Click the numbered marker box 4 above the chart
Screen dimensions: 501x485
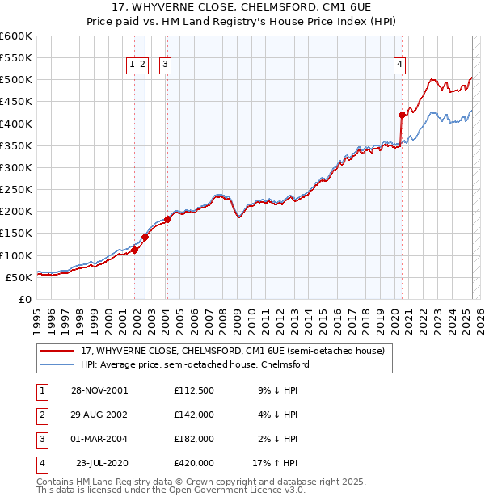(x=400, y=66)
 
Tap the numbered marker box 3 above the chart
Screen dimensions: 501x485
(x=165, y=66)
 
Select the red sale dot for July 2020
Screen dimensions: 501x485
(x=402, y=115)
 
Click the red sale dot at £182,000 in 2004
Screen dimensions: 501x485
(x=167, y=219)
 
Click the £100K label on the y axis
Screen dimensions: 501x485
(x=18, y=255)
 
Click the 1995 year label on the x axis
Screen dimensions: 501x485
(x=36, y=318)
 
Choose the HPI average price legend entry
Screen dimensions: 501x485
(x=194, y=364)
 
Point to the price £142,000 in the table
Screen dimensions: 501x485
(x=194, y=415)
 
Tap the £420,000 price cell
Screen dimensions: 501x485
(x=194, y=463)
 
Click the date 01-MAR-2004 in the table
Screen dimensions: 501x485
(x=99, y=439)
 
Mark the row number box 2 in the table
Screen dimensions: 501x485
(x=40, y=415)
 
